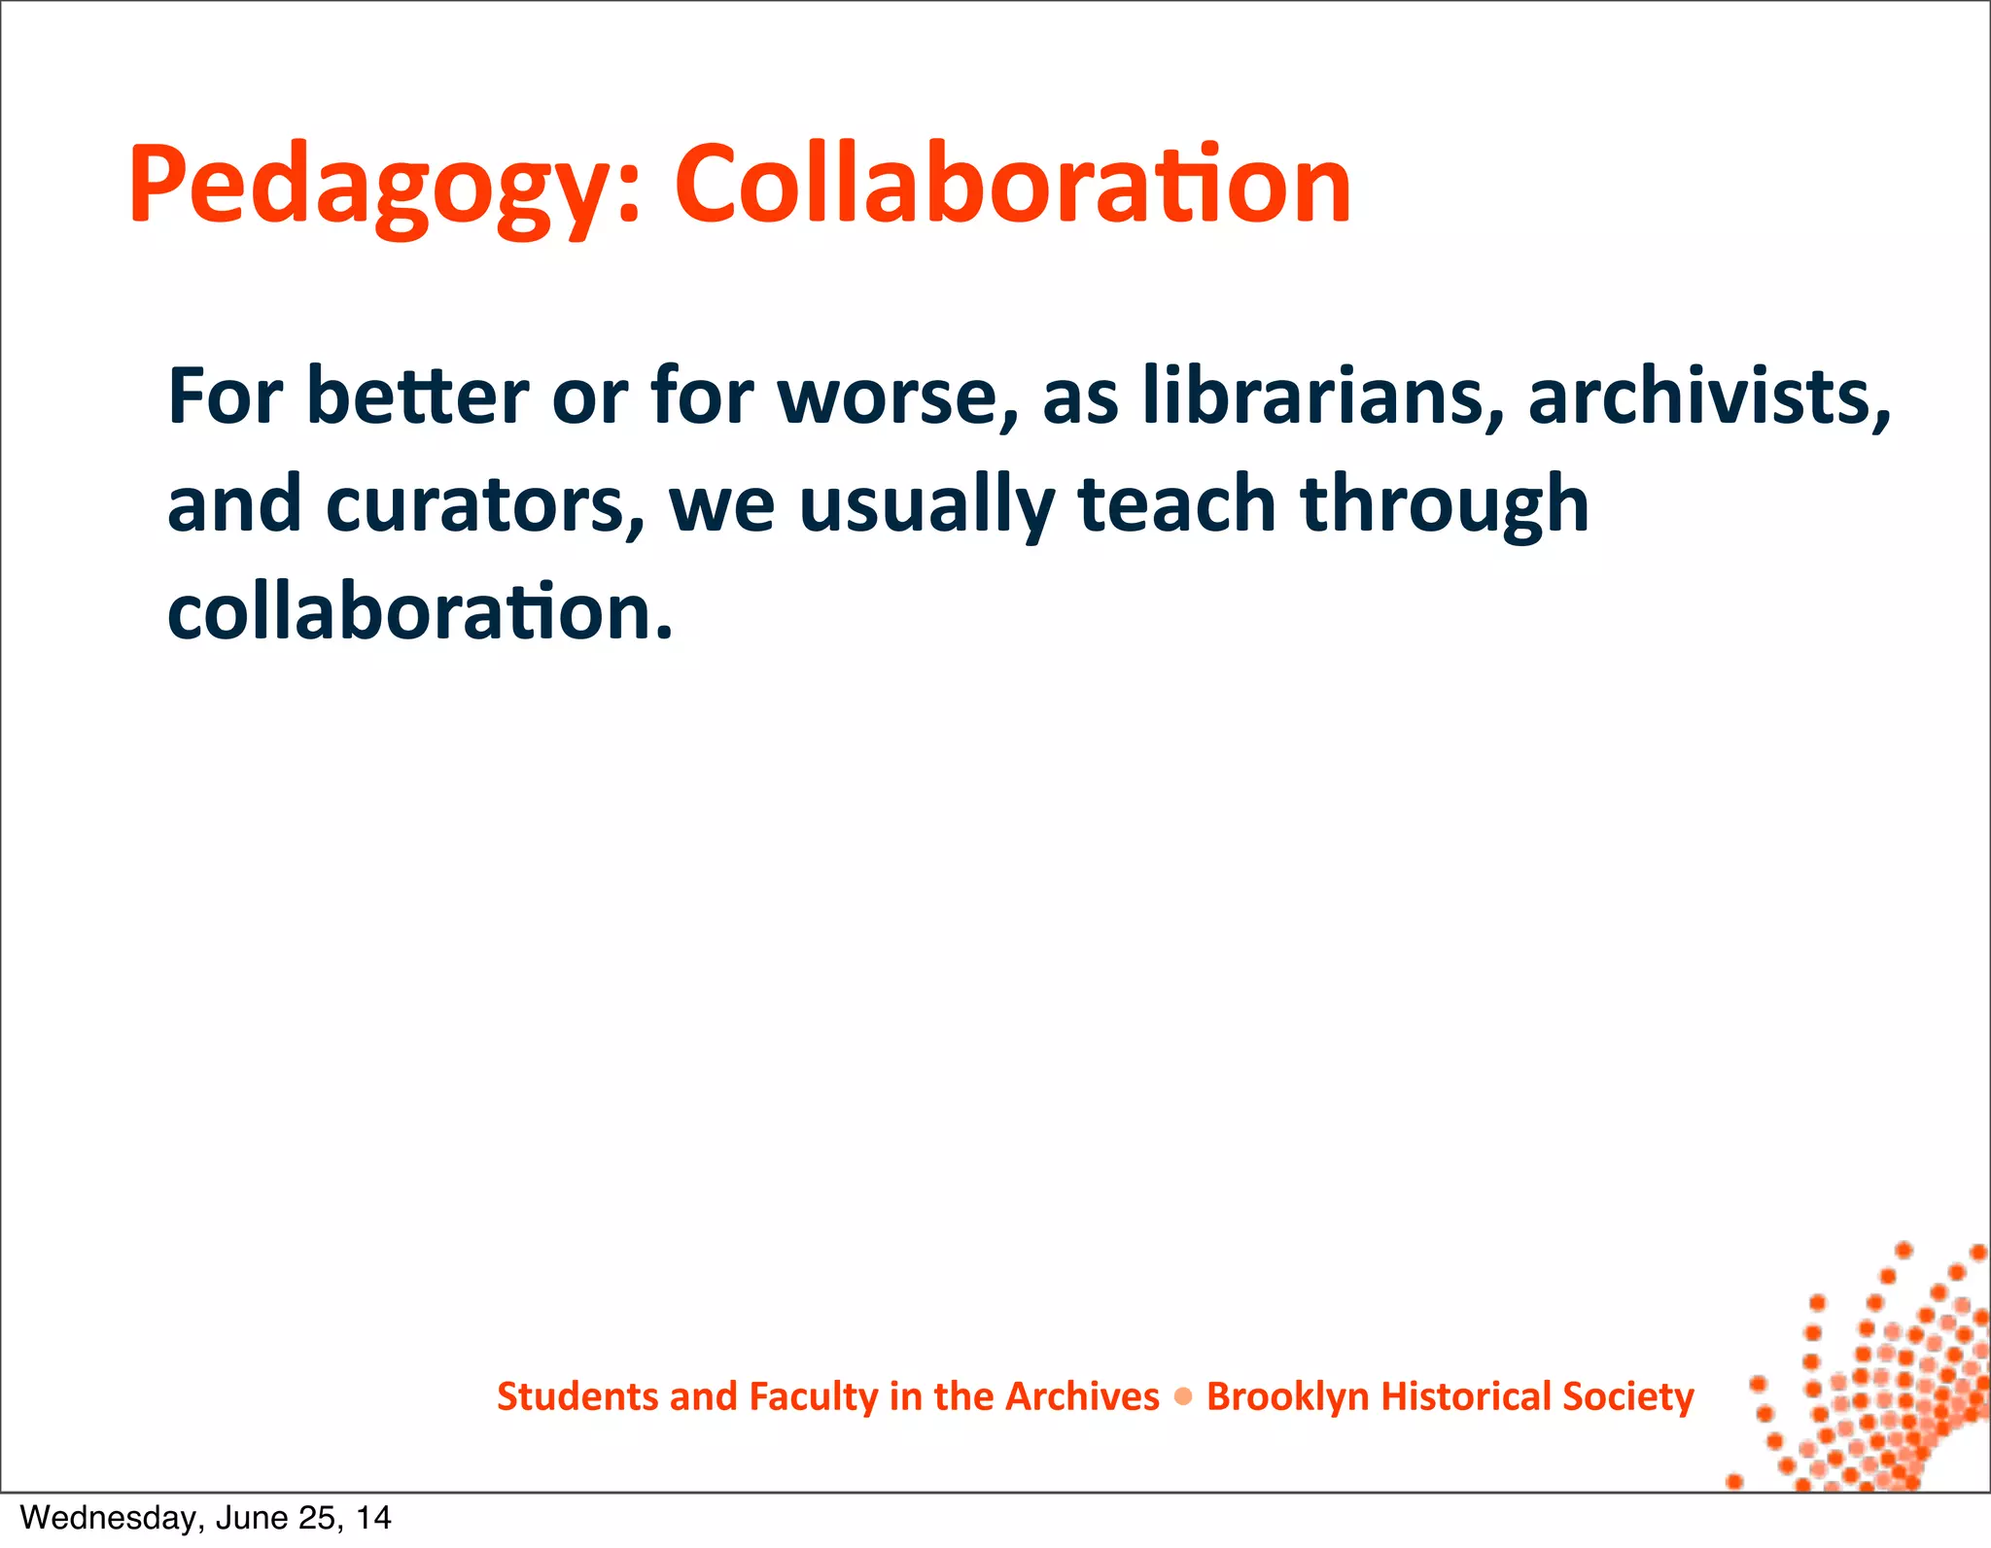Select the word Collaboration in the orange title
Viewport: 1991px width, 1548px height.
tap(1012, 185)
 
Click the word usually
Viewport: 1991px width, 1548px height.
tap(926, 505)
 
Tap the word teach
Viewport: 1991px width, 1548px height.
tap(1177, 505)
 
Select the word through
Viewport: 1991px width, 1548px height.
tap(1445, 505)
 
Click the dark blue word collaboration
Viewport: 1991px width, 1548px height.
tap(420, 612)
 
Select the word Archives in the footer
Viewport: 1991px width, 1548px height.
tap(1082, 1396)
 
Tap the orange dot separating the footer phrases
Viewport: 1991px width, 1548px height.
tap(1183, 1397)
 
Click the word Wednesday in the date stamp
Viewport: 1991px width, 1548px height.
tap(107, 1518)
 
